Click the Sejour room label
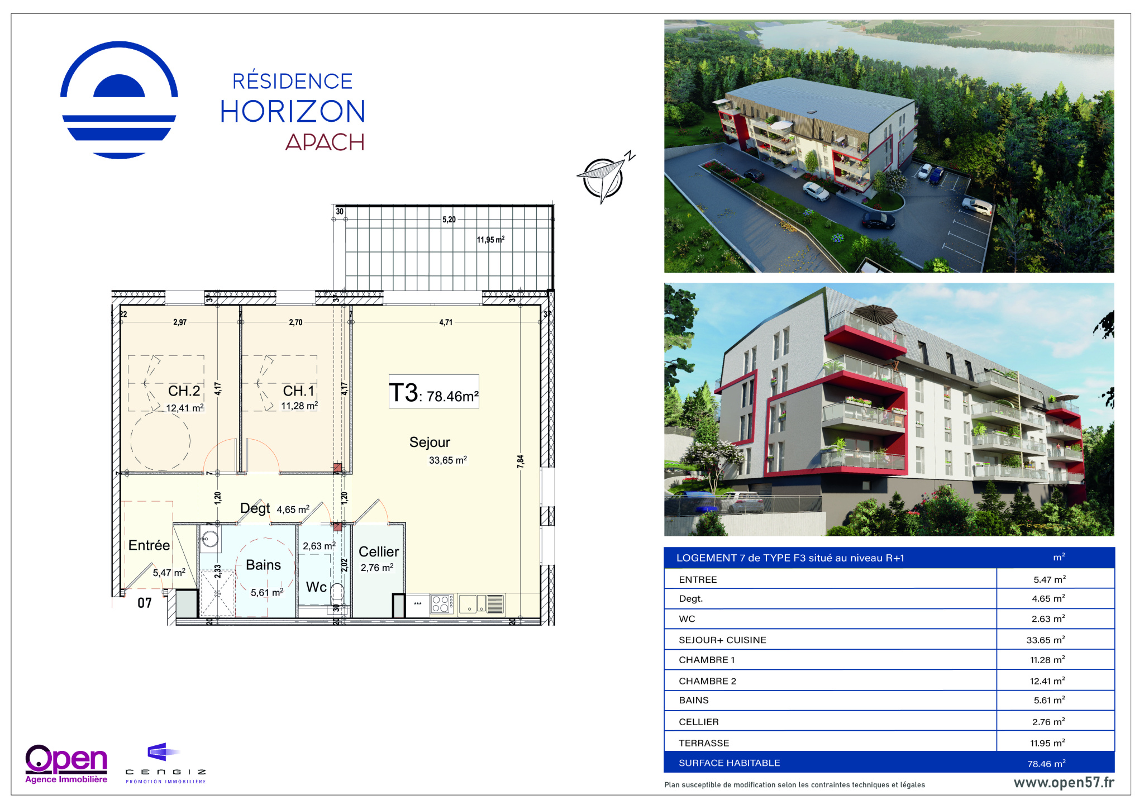coord(430,442)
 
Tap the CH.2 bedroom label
coord(184,391)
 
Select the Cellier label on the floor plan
coord(379,552)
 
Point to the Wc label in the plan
coord(316,587)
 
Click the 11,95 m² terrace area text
coord(490,240)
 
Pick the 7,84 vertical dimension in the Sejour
coord(521,461)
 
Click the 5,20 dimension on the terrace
coord(449,220)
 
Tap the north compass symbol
coord(606,177)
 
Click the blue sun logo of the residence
coord(119,100)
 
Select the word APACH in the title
coord(325,142)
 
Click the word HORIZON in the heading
coord(293,111)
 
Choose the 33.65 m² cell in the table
coord(1046,640)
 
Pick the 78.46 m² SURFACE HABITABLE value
coord(1046,763)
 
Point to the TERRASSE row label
coord(704,743)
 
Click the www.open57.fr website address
coord(1064,783)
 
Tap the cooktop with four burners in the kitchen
coord(441,604)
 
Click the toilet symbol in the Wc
coord(337,591)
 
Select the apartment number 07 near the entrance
coord(145,603)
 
